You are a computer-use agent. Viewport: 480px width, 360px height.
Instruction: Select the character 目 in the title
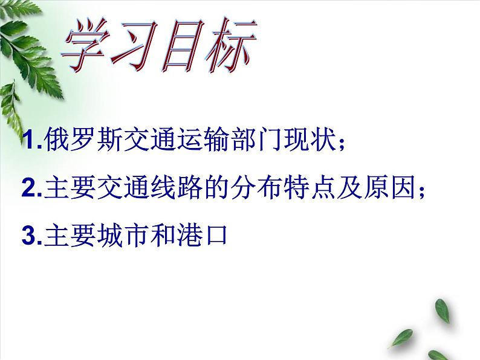[183, 48]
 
